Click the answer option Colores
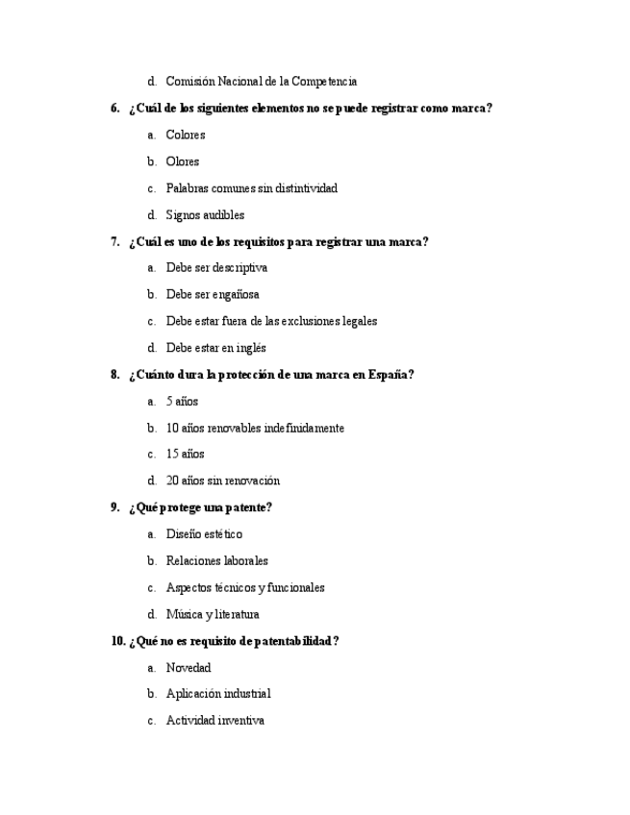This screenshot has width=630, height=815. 185,136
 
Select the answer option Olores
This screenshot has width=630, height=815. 182,161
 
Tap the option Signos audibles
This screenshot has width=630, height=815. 205,215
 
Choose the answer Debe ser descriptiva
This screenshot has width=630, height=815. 216,268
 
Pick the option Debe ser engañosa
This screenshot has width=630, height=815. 213,295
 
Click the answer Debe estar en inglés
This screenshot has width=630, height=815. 215,348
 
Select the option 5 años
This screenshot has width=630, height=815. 182,402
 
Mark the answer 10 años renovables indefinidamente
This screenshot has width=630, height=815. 255,428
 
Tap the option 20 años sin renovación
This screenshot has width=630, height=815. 222,481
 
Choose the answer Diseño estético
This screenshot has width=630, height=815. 204,534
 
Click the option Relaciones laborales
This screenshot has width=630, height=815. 216,560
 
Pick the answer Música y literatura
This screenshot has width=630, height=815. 212,614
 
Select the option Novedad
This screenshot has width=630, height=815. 189,668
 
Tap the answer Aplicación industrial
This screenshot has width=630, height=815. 218,694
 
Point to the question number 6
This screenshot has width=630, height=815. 114,109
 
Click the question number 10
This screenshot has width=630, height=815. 117,641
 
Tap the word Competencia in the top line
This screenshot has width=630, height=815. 326,82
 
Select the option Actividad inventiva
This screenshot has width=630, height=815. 214,721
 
